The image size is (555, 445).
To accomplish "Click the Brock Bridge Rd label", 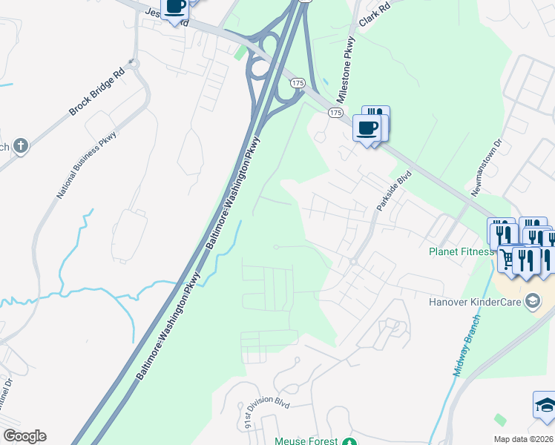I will [97, 93].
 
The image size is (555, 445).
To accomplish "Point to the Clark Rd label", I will [374, 14].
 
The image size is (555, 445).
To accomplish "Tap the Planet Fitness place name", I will [461, 251].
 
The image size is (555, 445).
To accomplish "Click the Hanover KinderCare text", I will [474, 302].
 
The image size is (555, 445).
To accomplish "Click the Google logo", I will [24, 436].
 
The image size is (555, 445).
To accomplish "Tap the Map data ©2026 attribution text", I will [523, 439].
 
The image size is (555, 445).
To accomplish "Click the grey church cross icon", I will [21, 145].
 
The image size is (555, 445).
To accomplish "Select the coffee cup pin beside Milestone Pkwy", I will [367, 128].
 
